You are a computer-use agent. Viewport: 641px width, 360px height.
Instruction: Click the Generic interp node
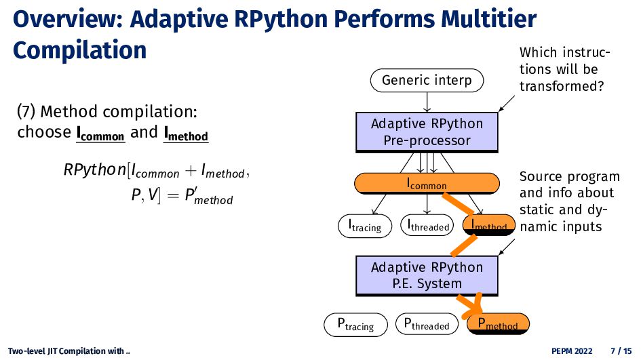pos(427,81)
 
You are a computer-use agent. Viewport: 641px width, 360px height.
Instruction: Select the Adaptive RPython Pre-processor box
pos(427,132)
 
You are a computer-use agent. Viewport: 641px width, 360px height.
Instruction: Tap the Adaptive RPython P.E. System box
pos(427,275)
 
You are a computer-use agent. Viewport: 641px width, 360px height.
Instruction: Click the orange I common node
pos(427,184)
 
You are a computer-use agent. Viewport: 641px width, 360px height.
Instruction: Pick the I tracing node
pos(365,226)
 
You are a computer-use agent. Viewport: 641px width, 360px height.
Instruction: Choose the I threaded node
pos(427,225)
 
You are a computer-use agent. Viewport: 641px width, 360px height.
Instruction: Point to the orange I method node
pos(489,224)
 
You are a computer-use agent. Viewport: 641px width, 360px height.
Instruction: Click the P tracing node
pos(355,325)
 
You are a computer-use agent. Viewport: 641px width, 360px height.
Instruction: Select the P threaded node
pos(427,324)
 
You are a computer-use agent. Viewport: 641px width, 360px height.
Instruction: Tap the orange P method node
pos(498,324)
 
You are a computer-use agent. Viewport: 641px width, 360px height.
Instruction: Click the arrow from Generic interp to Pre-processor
pos(427,102)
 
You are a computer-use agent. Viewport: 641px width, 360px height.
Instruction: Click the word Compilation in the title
pos(80,50)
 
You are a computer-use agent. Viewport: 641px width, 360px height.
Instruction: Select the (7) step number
pos(26,112)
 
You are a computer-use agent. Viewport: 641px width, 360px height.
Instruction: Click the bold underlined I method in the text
pos(186,133)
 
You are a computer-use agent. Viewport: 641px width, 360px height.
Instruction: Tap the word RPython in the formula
pos(95,170)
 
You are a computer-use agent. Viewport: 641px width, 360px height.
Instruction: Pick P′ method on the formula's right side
pos(208,196)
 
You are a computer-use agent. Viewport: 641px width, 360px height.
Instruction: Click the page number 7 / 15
pos(621,351)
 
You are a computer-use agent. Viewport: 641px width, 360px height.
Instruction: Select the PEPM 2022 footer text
pos(572,351)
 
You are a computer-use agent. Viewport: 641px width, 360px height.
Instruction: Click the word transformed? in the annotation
pos(562,86)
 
